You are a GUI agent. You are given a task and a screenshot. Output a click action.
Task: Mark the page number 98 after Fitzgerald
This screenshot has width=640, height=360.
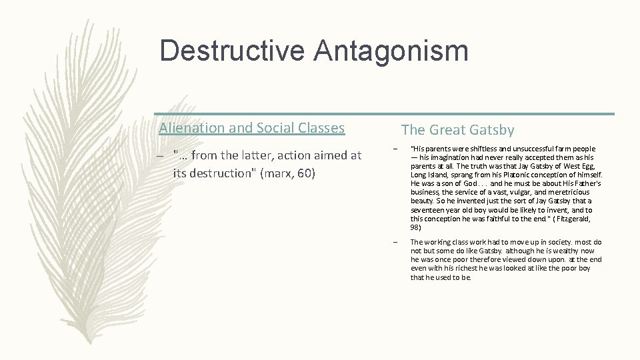pos(415,227)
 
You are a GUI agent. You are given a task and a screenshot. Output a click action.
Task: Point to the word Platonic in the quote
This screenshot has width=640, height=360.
pos(527,175)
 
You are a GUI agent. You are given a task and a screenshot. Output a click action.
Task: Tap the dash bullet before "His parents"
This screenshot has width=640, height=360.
pos(395,149)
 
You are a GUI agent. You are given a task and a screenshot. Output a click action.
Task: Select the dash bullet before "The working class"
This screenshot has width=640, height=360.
pos(395,242)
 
